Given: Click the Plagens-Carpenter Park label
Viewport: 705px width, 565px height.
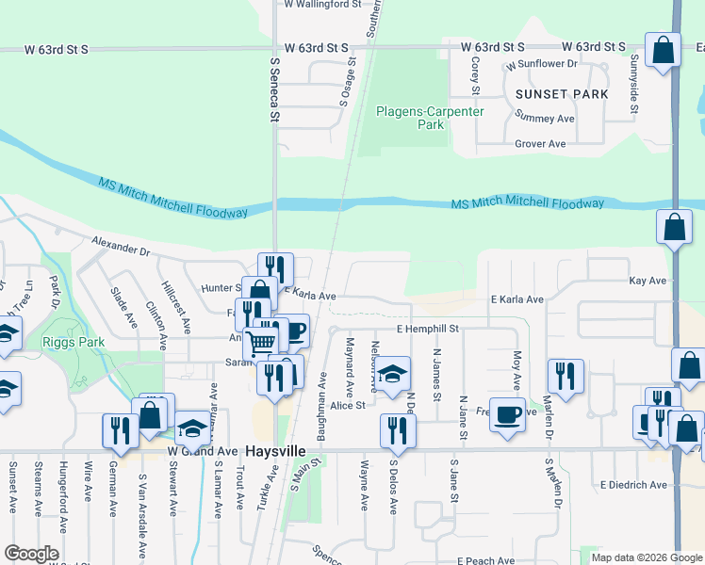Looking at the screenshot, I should [430, 118].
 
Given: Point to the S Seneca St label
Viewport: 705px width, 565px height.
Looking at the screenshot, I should [275, 89].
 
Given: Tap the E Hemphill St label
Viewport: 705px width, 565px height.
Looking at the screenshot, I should [427, 329].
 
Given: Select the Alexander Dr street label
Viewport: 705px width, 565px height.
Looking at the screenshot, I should [122, 247].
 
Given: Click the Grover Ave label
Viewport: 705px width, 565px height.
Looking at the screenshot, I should [540, 144].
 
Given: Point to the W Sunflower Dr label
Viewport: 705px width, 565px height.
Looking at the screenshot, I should [540, 65].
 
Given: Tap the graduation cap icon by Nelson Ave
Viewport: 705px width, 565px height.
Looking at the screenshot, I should [394, 371].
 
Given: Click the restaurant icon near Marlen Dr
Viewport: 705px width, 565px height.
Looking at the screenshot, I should [566, 376].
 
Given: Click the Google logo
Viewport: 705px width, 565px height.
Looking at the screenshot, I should [30, 554].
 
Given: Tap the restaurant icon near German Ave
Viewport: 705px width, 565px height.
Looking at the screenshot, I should [121, 430].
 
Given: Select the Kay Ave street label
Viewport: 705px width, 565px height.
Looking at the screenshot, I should [648, 281].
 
